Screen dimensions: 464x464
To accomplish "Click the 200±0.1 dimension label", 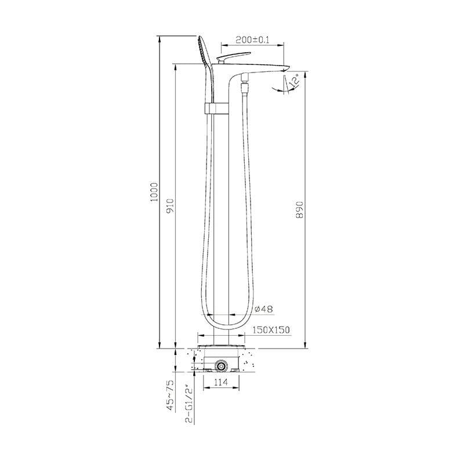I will [x=252, y=39].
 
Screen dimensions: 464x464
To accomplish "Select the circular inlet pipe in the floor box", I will [x=220, y=366].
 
